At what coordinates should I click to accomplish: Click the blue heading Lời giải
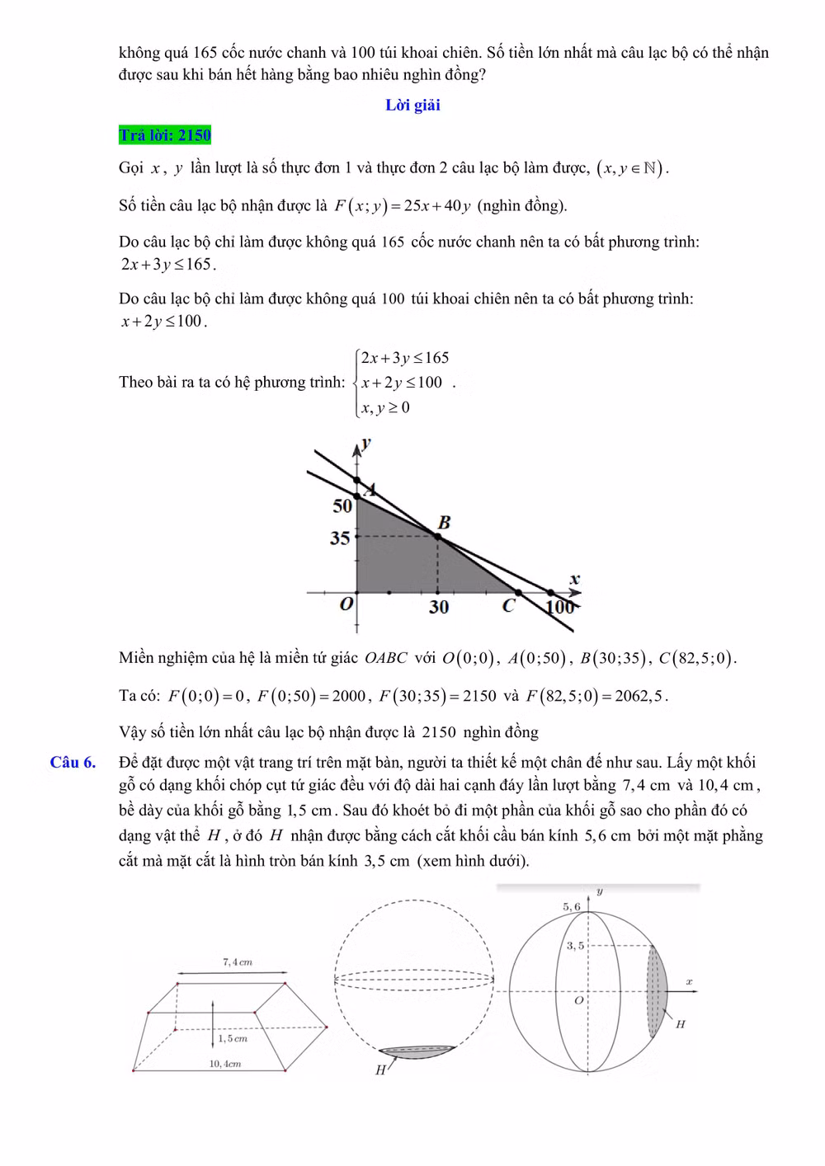(412, 105)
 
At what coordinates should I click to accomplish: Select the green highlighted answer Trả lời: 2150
(165, 134)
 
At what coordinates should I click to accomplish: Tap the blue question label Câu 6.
(73, 762)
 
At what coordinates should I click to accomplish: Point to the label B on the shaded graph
(444, 522)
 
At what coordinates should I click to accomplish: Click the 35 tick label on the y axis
(339, 538)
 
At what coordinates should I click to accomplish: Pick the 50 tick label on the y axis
(342, 505)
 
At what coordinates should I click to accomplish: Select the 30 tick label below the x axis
(438, 607)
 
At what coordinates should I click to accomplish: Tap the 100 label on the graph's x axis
(560, 607)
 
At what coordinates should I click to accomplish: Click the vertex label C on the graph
(509, 606)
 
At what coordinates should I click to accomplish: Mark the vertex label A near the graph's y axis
(370, 490)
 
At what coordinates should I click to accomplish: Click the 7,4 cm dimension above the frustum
(238, 961)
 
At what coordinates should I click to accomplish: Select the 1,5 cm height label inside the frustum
(233, 1038)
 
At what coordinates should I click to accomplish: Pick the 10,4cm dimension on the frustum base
(224, 1064)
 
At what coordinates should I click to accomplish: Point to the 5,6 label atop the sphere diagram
(572, 906)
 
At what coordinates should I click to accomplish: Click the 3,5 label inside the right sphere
(574, 945)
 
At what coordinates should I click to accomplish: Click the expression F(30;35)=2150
(437, 695)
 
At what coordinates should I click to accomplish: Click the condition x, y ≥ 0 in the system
(385, 407)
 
